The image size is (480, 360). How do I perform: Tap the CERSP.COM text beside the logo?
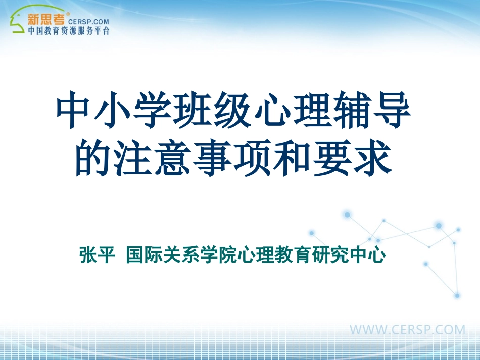88,22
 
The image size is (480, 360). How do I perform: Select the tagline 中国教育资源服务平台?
68,31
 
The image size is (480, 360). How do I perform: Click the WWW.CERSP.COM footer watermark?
407,330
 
